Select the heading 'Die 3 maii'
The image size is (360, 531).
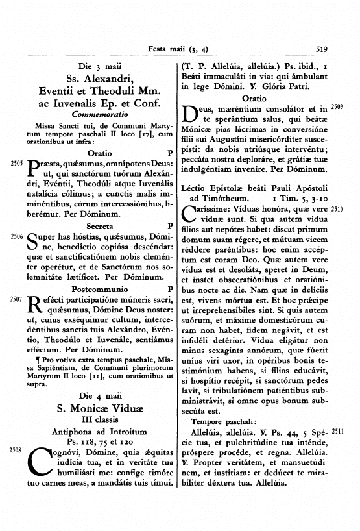point(95,66)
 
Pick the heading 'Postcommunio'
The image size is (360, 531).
point(95,289)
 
